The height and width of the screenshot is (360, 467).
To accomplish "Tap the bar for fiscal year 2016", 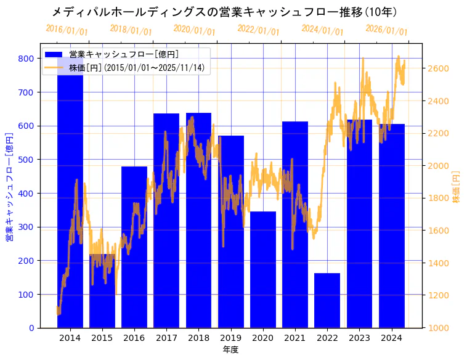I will click(134, 247).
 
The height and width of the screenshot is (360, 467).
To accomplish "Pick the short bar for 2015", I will click(102, 290).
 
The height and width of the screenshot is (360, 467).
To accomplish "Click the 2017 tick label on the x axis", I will click(166, 338).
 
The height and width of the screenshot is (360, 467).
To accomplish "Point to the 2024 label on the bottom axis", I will click(392, 338).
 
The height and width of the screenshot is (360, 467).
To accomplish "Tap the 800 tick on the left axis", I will click(26, 59).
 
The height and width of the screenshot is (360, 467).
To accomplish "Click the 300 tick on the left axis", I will click(26, 227).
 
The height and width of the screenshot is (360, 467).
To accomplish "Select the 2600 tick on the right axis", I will click(438, 68).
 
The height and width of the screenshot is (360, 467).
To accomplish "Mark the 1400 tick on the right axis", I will click(438, 263).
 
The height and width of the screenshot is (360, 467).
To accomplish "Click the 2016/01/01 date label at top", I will click(67, 30).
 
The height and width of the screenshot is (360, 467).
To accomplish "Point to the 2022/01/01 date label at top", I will click(258, 30).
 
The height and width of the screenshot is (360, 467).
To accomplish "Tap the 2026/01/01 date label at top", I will click(386, 30).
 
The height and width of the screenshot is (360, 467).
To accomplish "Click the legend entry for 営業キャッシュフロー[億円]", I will click(124, 54).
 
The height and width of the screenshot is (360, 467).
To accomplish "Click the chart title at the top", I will click(224, 12).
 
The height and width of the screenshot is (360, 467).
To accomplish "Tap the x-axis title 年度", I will click(230, 350).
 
